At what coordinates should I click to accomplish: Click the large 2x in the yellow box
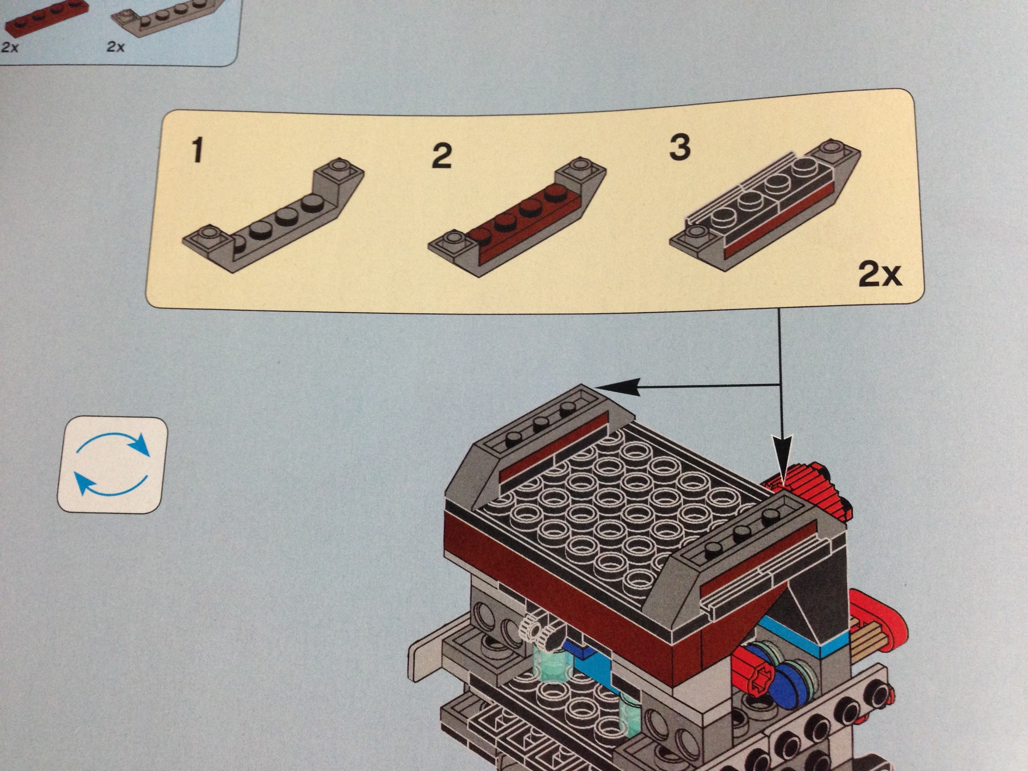point(880,274)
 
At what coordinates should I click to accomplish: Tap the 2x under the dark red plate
point(10,47)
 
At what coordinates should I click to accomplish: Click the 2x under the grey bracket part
point(116,47)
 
